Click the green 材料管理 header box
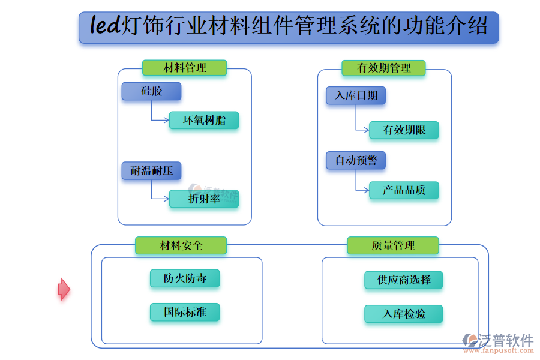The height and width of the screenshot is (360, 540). (184, 68)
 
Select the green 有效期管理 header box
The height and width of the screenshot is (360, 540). (383, 68)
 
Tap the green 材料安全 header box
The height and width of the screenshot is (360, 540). (181, 245)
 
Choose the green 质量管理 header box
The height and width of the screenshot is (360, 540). (392, 245)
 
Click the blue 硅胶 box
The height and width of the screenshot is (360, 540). (151, 91)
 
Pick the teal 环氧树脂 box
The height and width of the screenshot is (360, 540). (204, 120)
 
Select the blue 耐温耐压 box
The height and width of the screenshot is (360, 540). (151, 171)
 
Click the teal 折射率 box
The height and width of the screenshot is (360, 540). (204, 199)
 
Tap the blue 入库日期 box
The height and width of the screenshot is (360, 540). (356, 95)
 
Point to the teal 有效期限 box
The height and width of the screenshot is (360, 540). (404, 130)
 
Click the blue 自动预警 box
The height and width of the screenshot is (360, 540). (356, 160)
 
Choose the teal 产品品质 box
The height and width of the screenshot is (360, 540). (404, 190)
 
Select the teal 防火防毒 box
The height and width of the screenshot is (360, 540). (185, 278)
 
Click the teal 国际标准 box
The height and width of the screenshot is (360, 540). (185, 312)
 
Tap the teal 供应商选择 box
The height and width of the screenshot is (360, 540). (403, 280)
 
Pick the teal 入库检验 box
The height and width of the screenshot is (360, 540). (403, 314)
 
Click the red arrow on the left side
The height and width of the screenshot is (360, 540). (64, 289)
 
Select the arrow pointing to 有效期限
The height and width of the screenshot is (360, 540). (363, 130)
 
